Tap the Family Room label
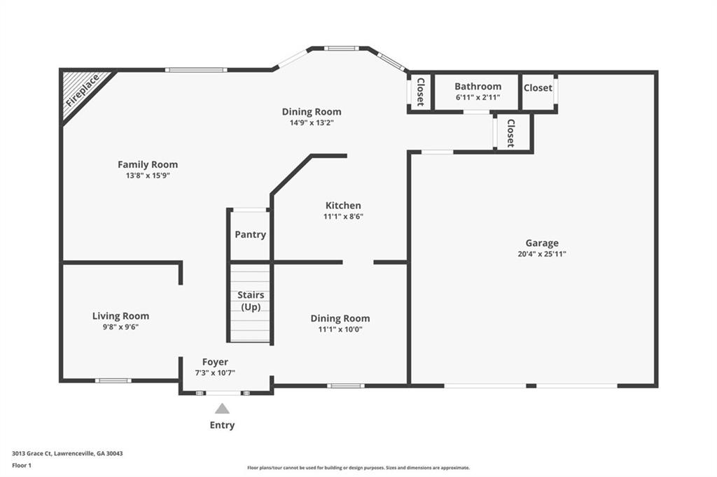pos(148,164)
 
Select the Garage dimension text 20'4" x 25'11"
pos(542,254)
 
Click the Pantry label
pos(250,234)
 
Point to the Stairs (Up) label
pos(251,301)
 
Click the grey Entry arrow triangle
pos(222,408)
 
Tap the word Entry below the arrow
pos(222,425)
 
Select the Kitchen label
pos(343,206)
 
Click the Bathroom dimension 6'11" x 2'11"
pos(478,97)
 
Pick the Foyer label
pos(215,362)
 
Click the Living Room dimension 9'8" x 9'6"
pos(120,327)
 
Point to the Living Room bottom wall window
pos(113,380)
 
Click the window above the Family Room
pos(196,70)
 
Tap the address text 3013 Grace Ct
pos(32,454)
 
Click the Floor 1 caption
pos(22,466)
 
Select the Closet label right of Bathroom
pos(538,87)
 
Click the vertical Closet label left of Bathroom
pos(420,92)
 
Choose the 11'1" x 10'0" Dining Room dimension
pos(340,329)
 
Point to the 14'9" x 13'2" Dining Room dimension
pos(312,123)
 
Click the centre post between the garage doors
pos(531,386)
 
